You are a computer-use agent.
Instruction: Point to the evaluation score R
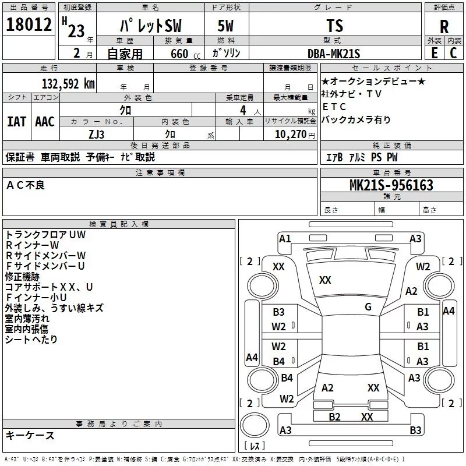pos(444,27)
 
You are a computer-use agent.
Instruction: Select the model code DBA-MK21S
pos(334,54)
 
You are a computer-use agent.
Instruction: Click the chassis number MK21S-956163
pos(391,185)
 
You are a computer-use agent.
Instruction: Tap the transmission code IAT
pos(16,121)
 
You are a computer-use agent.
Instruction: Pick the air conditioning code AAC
pos(44,121)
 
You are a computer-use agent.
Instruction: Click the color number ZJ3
pos(97,133)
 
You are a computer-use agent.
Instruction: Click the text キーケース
pos(30,436)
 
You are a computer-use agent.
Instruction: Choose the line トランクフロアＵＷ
pos(45,234)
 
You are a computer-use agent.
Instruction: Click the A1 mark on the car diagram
pos(285,238)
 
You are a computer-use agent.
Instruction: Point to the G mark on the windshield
pos(368,307)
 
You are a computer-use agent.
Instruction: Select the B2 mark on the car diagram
pos(334,416)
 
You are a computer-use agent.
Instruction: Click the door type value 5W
pos(227,27)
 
